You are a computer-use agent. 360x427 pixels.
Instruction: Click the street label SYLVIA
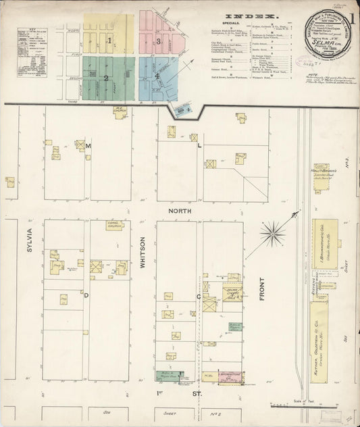point(29,240)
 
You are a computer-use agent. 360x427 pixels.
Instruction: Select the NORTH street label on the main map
point(180,211)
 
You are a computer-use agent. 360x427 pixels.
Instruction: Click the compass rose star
point(273,234)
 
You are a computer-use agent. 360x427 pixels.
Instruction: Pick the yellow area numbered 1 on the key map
point(109,40)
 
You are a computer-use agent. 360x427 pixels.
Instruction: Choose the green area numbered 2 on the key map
point(107,77)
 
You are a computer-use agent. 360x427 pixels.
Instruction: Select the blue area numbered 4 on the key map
point(157,76)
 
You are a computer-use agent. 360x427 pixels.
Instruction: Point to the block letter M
point(87,146)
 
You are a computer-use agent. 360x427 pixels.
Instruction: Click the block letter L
point(199,145)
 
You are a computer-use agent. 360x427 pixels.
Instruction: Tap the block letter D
point(86,295)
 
